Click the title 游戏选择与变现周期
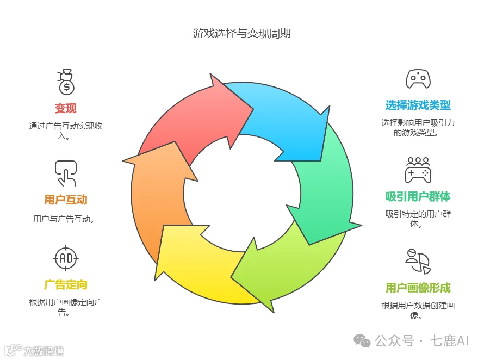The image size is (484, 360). (x=241, y=33)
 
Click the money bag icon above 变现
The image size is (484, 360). (x=66, y=82)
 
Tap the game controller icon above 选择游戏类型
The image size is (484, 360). (x=418, y=79)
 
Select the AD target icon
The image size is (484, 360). (x=66, y=258)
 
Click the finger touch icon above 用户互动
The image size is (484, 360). (x=66, y=173)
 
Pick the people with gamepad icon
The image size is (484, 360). (x=418, y=170)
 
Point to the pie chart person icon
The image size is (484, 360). (x=418, y=262)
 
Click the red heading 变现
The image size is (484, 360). (x=66, y=108)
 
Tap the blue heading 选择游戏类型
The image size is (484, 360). (x=418, y=105)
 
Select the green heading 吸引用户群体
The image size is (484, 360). (x=418, y=196)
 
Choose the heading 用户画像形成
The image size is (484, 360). (x=418, y=288)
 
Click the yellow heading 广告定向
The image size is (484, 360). (x=66, y=284)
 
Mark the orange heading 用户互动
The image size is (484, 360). (x=66, y=200)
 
